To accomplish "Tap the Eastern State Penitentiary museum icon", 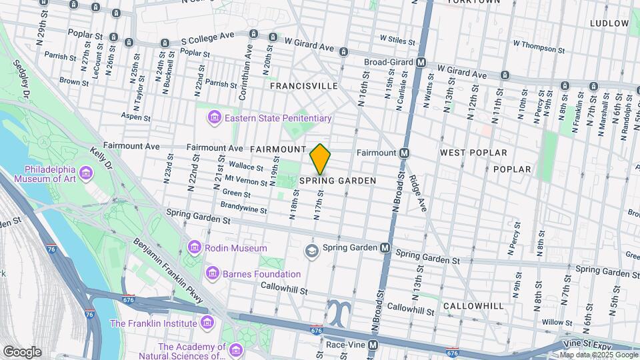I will pyautogui.click(x=214, y=118).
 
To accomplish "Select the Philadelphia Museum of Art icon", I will pyautogui.click(x=85, y=174).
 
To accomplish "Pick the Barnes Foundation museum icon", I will pyautogui.click(x=213, y=273).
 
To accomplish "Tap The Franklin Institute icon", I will pyautogui.click(x=207, y=323).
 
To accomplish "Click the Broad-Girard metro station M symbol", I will pyautogui.click(x=421, y=63).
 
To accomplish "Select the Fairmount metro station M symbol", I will pyautogui.click(x=404, y=153).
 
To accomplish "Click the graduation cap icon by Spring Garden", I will pyautogui.click(x=311, y=251).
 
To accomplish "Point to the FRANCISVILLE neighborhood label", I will pyautogui.click(x=303, y=87).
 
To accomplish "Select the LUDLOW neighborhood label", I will pyautogui.click(x=609, y=23).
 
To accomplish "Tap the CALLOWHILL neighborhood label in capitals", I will pyautogui.click(x=475, y=305).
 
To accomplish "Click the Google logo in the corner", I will pyautogui.click(x=22, y=351).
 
